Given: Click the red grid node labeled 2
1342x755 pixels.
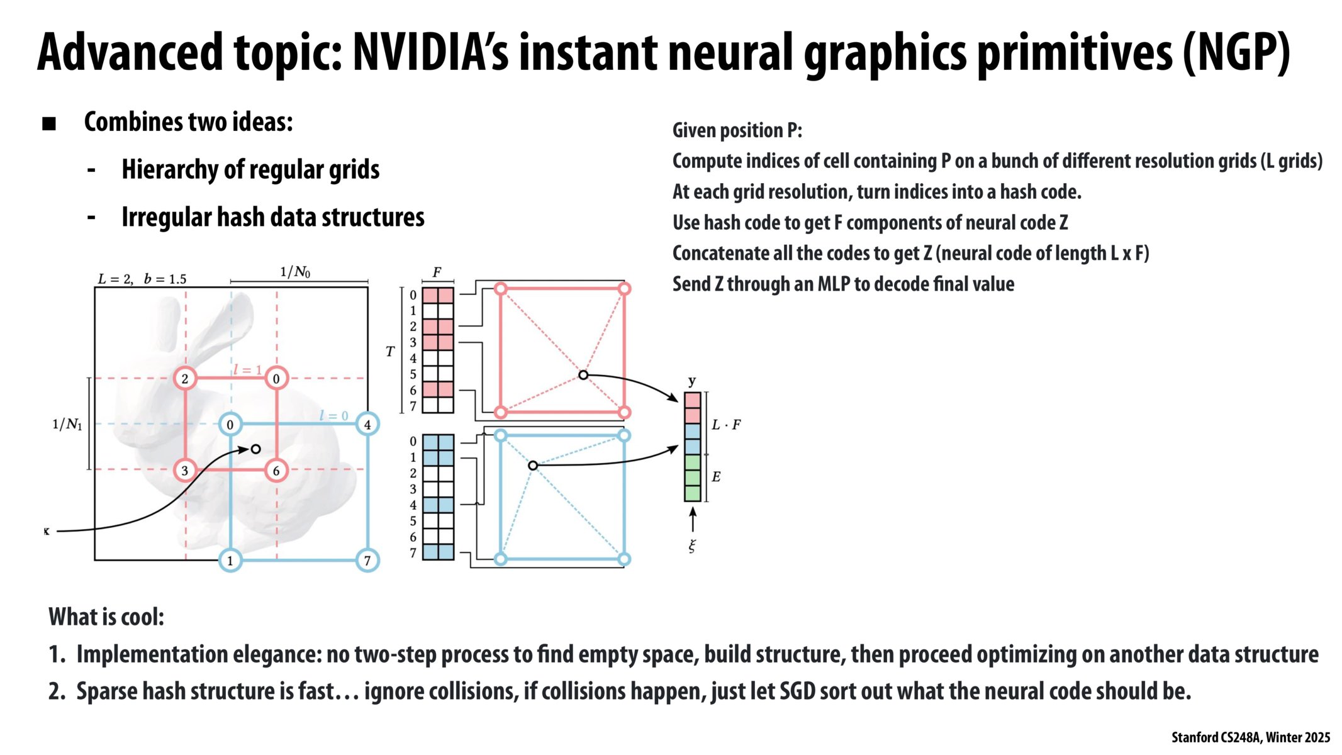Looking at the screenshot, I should [x=185, y=379].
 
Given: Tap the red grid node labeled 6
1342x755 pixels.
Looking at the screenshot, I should [x=276, y=471].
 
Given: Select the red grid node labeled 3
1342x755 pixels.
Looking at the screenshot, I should [x=185, y=471].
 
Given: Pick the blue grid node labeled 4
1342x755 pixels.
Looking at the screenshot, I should [x=367, y=425].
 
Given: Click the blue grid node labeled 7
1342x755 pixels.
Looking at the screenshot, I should [x=367, y=561].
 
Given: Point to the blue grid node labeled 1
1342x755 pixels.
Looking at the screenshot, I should [x=230, y=561].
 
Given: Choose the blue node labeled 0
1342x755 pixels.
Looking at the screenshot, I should [x=230, y=425].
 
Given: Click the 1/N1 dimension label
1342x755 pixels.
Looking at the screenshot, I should [x=67, y=425].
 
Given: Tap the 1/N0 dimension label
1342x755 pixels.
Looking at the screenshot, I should [x=295, y=272].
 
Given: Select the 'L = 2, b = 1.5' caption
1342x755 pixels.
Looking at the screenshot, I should [x=142, y=279].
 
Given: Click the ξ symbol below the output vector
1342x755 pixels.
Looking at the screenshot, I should [x=692, y=546].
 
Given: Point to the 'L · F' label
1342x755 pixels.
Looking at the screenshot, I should [x=726, y=425].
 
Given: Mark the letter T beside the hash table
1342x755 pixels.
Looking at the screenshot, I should [x=390, y=352].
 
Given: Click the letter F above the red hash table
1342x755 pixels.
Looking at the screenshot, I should [x=437, y=272].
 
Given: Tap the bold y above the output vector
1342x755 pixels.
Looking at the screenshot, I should [x=692, y=381].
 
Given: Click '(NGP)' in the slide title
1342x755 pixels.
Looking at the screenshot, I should [x=1236, y=53].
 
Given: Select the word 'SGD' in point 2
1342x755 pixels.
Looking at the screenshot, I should [x=797, y=691].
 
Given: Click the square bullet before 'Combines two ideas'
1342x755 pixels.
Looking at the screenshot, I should [x=49, y=123].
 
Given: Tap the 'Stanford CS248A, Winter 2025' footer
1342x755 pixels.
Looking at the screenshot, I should [x=1251, y=737].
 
